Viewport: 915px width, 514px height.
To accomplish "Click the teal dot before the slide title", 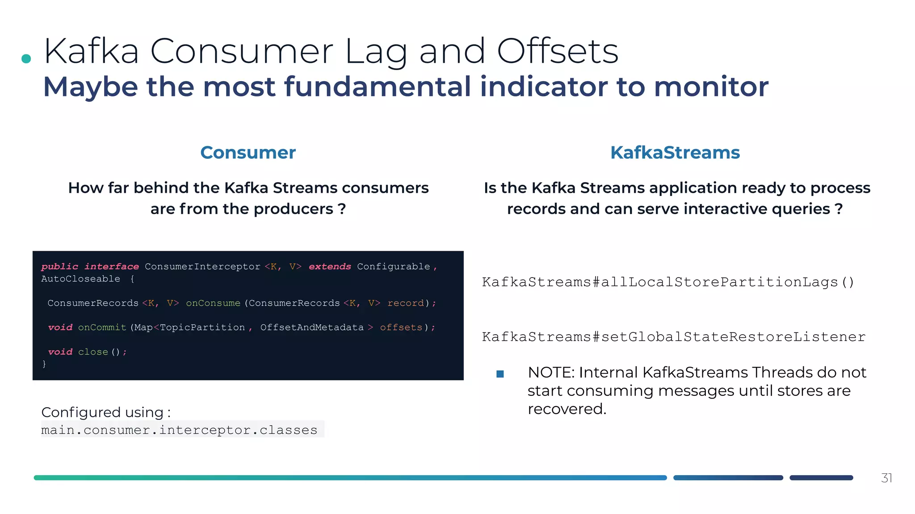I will (26, 58).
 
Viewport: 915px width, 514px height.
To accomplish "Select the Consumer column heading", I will (248, 153).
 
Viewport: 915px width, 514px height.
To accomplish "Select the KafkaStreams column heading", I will (675, 153).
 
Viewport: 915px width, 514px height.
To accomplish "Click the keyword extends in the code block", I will (330, 266).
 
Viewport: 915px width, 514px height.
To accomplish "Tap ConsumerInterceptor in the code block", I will (202, 266).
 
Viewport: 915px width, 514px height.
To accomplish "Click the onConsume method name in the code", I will (213, 303).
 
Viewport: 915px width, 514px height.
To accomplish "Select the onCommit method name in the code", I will (102, 327).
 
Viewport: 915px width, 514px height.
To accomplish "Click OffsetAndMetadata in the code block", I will (312, 327).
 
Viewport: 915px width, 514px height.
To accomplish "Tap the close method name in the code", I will (93, 352).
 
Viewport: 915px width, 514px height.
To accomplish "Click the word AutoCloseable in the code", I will (80, 279).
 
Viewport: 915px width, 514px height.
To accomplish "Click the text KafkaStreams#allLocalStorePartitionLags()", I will (668, 282).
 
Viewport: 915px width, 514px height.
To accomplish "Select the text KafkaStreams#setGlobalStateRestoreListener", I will (674, 337).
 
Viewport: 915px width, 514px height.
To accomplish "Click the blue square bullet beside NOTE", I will (500, 374).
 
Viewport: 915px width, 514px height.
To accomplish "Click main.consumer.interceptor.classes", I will (179, 430).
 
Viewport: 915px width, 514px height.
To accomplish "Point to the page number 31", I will (886, 478).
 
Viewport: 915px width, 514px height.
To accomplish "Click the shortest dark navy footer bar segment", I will (821, 478).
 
